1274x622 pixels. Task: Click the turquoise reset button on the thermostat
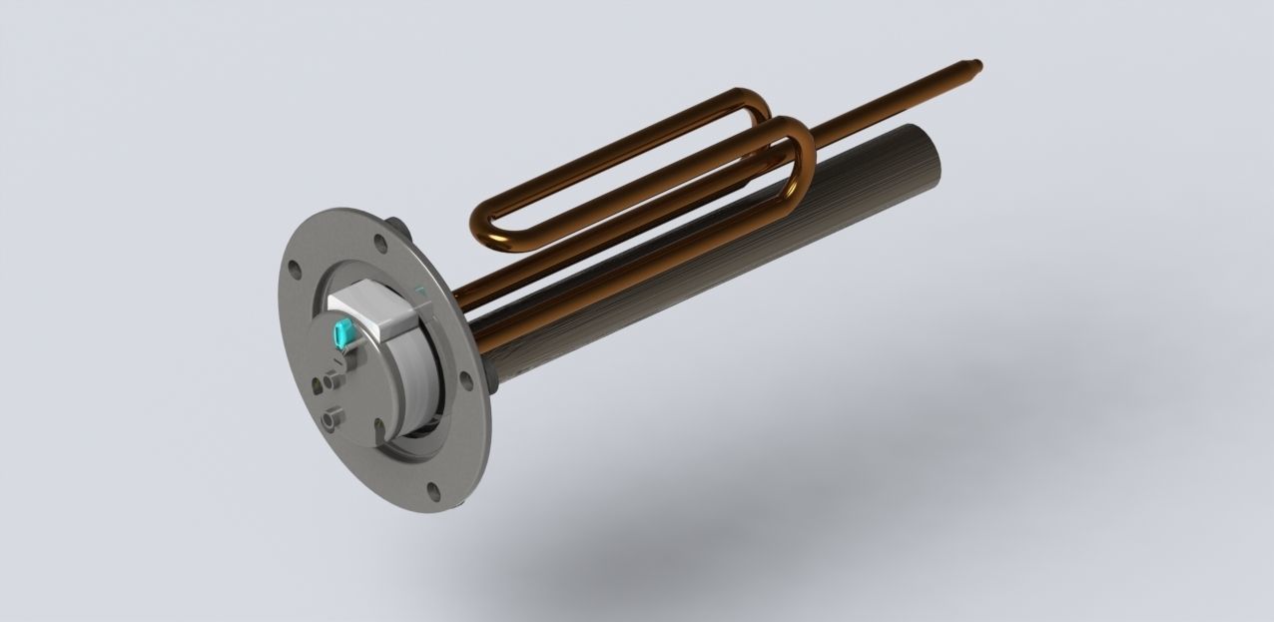345,332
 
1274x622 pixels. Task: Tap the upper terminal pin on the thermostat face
330,381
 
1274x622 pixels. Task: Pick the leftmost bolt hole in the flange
295,268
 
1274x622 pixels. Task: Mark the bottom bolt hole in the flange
434,489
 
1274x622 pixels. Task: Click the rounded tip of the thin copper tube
979,67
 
